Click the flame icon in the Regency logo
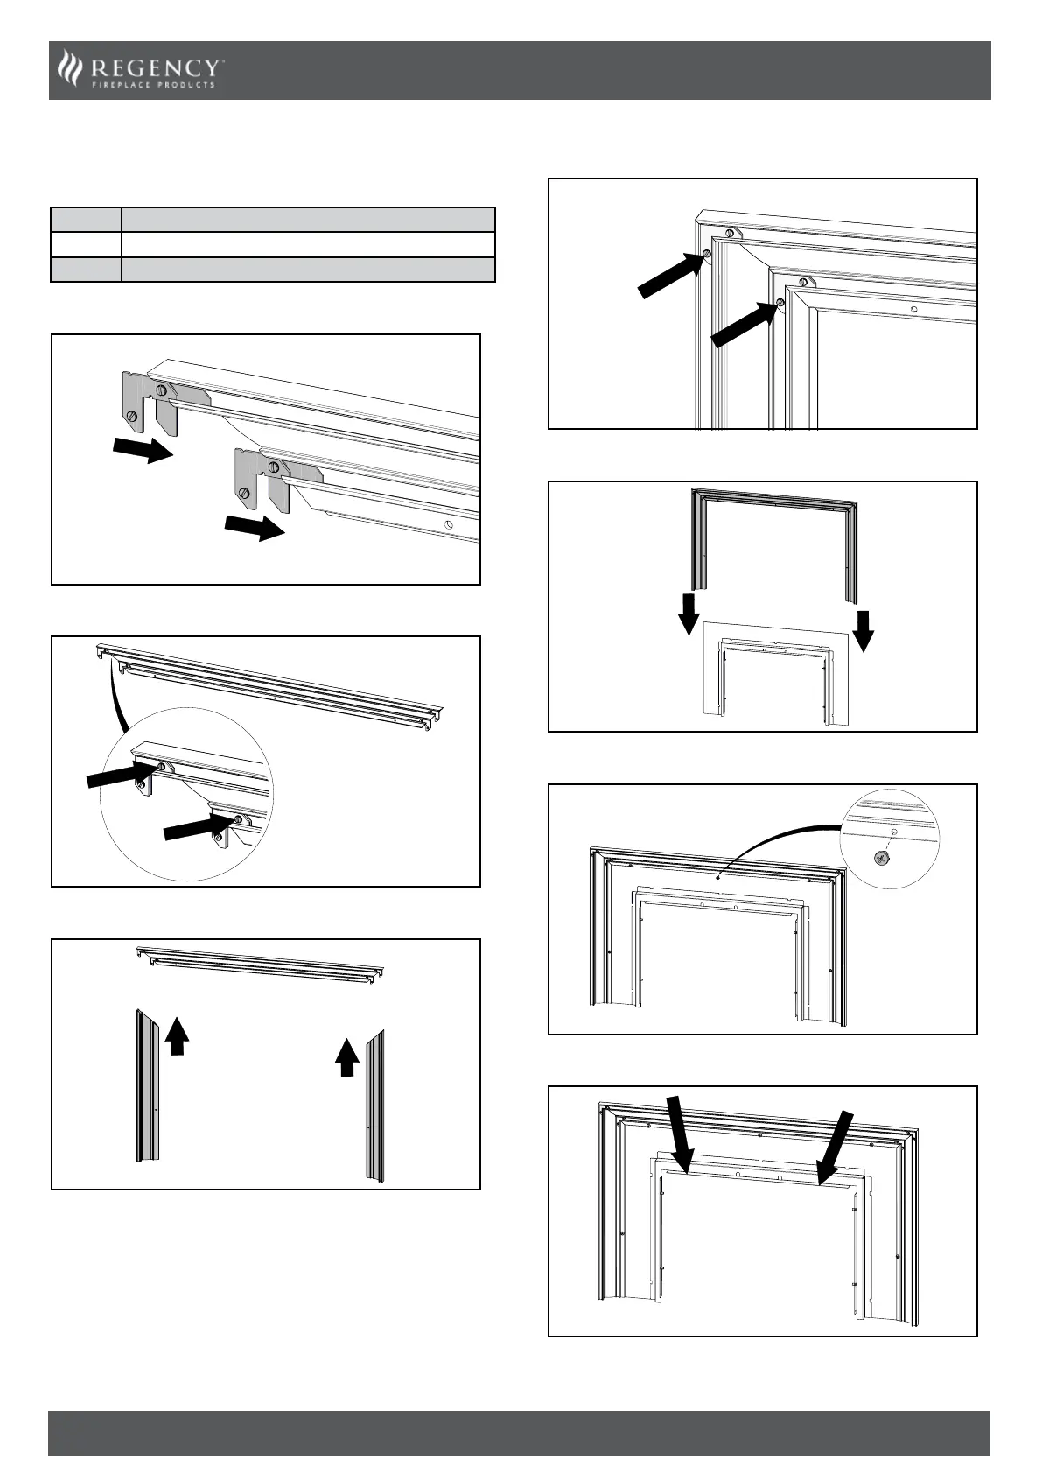coord(67,68)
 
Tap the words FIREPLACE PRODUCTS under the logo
coord(154,85)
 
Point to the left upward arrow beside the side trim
coord(178,1036)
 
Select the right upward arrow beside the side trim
coord(347,1056)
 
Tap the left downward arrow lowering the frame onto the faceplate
coord(689,613)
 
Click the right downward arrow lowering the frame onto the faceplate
coord(864,630)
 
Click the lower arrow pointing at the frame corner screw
coord(745,322)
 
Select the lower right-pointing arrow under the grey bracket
coord(255,527)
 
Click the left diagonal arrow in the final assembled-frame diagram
coord(678,1134)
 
